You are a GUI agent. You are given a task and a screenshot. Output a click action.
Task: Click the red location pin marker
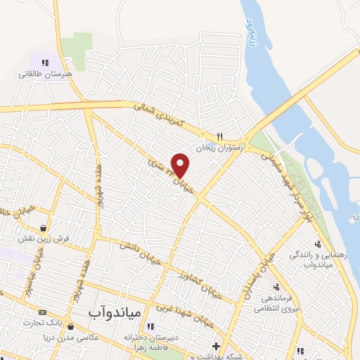point(181,165)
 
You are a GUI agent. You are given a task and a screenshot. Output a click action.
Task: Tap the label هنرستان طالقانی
point(45,73)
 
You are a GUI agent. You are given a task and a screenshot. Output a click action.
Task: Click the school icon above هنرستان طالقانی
point(45,63)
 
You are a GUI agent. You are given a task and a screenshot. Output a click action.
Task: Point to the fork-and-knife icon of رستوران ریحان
point(219,136)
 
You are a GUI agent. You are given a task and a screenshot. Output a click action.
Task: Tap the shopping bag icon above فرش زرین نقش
point(44,228)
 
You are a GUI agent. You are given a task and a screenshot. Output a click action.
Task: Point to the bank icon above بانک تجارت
point(42,311)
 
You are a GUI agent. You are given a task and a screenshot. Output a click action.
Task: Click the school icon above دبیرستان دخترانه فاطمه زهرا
point(149,326)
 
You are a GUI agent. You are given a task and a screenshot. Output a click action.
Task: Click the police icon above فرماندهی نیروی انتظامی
point(277,286)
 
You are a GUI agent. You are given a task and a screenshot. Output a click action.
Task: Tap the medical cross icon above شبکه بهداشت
point(216,345)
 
